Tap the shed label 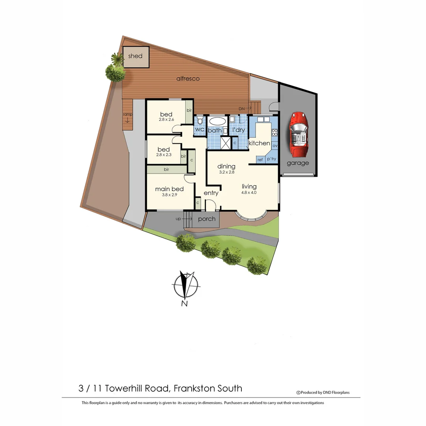click(x=135, y=56)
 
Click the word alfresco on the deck click(x=188, y=78)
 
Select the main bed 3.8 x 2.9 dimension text click(x=169, y=195)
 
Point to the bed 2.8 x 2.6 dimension click(x=166, y=120)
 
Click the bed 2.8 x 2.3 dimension click(x=164, y=155)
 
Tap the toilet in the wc click(x=200, y=120)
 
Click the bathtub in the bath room click(x=217, y=121)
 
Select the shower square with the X click(x=226, y=143)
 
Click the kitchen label click(x=259, y=143)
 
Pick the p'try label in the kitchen click(x=271, y=159)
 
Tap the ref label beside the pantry click(x=260, y=160)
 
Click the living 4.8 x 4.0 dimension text click(x=249, y=193)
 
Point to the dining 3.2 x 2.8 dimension click(x=226, y=172)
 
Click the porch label click(x=207, y=219)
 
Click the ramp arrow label click(x=127, y=117)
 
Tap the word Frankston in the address click(x=195, y=388)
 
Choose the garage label click(x=298, y=163)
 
